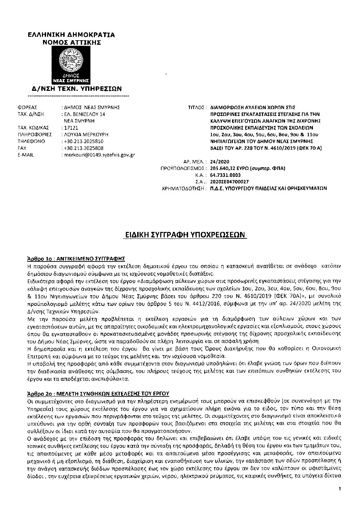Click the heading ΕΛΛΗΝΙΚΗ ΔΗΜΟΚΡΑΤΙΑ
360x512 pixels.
pos(71,35)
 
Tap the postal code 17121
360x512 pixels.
pos(70,128)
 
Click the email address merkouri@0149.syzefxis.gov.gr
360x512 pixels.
pos(98,155)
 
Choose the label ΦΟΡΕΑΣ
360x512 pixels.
pos(27,107)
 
